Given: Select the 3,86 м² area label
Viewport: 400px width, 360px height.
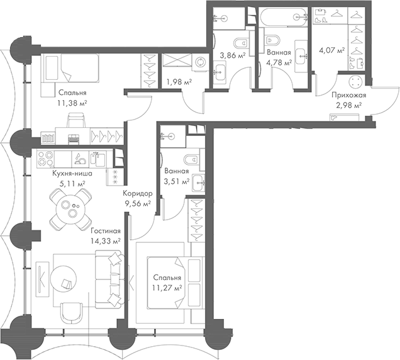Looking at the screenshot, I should [231, 56].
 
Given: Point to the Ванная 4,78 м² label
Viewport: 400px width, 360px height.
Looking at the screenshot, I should [278, 58].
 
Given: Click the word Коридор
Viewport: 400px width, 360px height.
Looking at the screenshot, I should [137, 194].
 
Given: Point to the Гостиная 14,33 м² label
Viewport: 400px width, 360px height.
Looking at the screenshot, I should [105, 235].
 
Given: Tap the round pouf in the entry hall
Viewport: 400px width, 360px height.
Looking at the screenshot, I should [357, 81].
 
